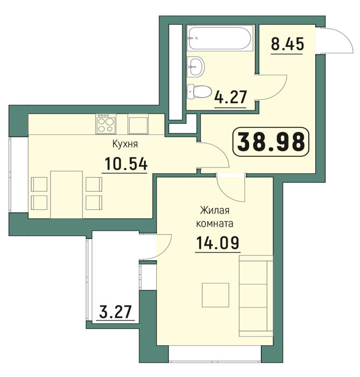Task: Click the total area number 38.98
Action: coord(271,142)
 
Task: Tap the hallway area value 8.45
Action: coord(287,44)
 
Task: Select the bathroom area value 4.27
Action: coord(230,97)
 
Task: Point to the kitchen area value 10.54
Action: coord(125,164)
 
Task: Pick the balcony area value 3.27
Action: coord(116,312)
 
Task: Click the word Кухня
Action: coord(125,144)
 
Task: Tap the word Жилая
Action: coord(215,211)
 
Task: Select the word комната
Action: coord(215,224)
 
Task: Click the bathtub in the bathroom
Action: coord(220,38)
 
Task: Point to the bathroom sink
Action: coord(195,67)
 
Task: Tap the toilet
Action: coord(199,92)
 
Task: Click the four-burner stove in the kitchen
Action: coord(105,124)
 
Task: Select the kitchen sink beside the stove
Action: coord(138,124)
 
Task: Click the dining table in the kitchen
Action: coord(67,194)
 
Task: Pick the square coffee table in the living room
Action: coord(215,295)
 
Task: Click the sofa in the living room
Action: coord(256,296)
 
